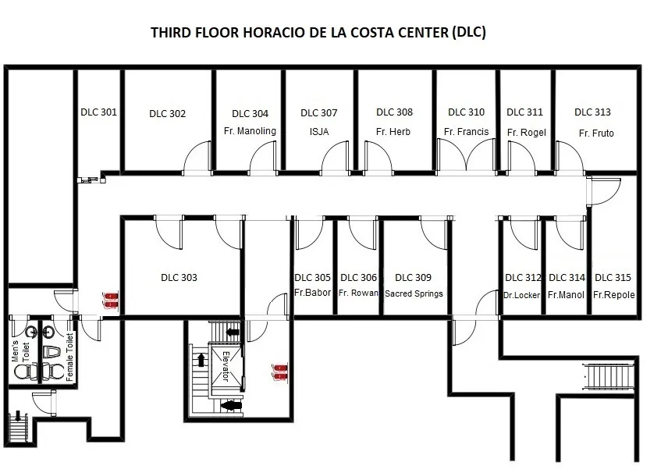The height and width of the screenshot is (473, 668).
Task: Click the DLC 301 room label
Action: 98,112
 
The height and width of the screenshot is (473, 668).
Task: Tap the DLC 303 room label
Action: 179,277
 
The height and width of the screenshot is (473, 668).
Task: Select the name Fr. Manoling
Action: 250,131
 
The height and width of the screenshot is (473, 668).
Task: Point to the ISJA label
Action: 319,132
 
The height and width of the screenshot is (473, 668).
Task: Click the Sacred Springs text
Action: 414,293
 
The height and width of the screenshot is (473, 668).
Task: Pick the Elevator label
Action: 226,367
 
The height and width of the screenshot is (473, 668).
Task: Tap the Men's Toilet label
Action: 21,351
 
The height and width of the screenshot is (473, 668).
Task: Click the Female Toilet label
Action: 69,357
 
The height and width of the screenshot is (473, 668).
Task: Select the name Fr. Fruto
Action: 596,133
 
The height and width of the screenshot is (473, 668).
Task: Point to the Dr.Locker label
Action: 521,295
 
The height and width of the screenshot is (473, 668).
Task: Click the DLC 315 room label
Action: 613,277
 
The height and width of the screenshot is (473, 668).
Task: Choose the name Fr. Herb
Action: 393,132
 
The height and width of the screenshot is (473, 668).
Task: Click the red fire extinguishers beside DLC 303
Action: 111,300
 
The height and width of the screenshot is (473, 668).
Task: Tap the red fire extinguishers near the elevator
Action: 280,372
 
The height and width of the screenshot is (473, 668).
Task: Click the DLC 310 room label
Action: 466,112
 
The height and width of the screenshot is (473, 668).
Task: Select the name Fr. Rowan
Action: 358,293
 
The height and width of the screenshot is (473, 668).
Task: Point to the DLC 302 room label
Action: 168,113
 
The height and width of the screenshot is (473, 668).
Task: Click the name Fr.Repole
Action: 614,295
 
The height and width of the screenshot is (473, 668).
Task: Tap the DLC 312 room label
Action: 523,277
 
